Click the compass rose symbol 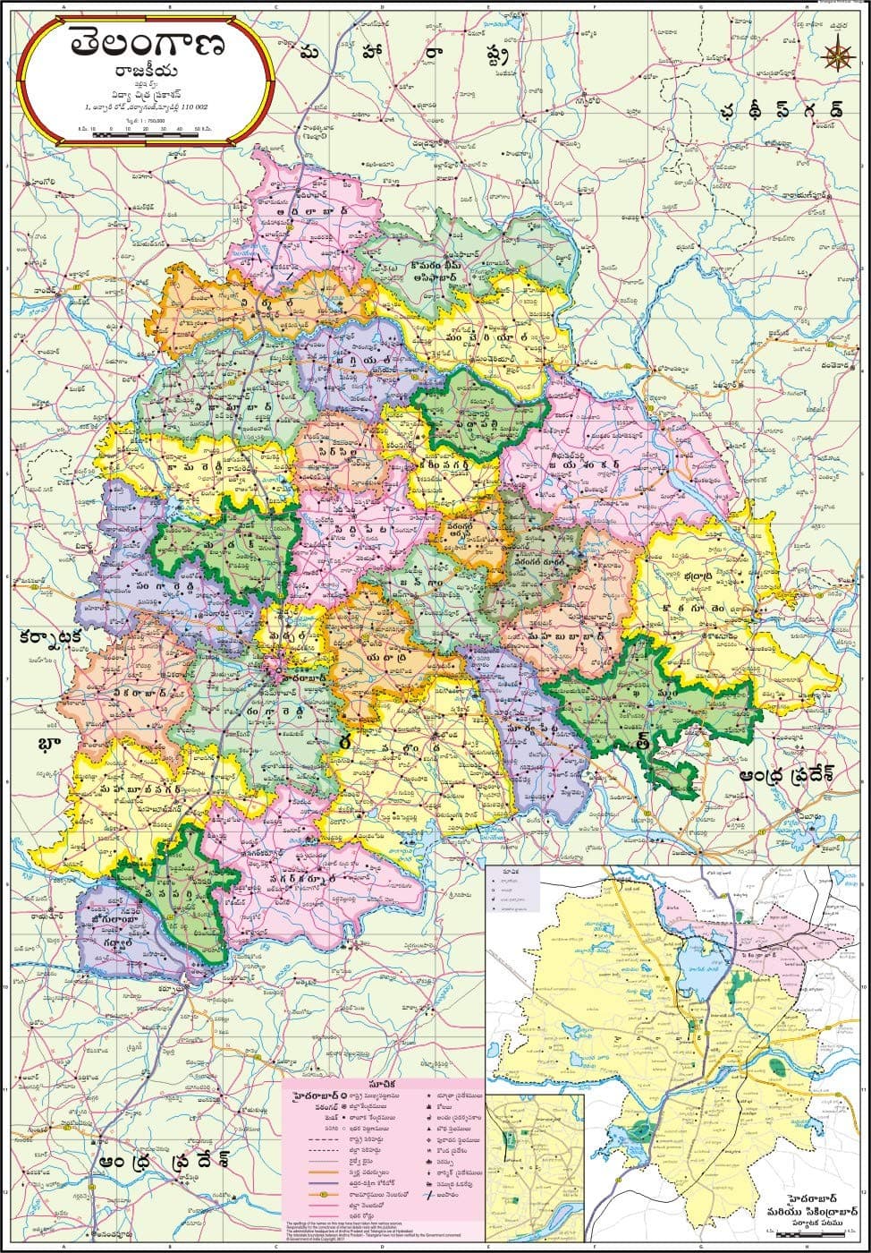click(838, 55)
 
